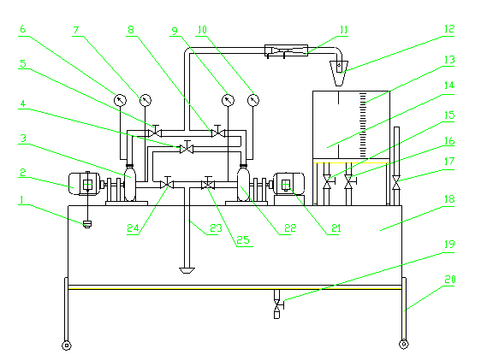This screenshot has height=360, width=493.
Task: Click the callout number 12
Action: (x=449, y=29)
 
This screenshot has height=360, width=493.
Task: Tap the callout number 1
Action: (x=21, y=200)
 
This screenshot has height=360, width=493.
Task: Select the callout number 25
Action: (x=243, y=240)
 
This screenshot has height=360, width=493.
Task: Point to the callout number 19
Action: (x=449, y=244)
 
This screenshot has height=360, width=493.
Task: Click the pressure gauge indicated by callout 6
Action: (x=120, y=100)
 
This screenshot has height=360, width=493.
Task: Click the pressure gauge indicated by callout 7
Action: (x=146, y=100)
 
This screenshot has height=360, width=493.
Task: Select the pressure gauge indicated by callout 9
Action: (x=228, y=101)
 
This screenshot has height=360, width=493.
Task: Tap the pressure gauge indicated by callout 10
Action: (x=253, y=101)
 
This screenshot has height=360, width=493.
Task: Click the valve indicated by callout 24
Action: (x=167, y=183)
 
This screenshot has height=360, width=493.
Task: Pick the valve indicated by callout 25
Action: (x=208, y=183)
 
